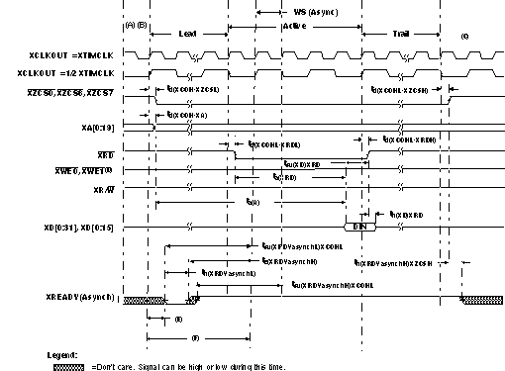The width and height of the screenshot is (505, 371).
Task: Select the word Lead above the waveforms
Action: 187,34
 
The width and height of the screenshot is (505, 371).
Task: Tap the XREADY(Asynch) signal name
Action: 80,297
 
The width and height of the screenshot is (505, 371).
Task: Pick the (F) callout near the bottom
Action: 194,339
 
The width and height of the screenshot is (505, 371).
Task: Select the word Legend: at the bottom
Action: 63,353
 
